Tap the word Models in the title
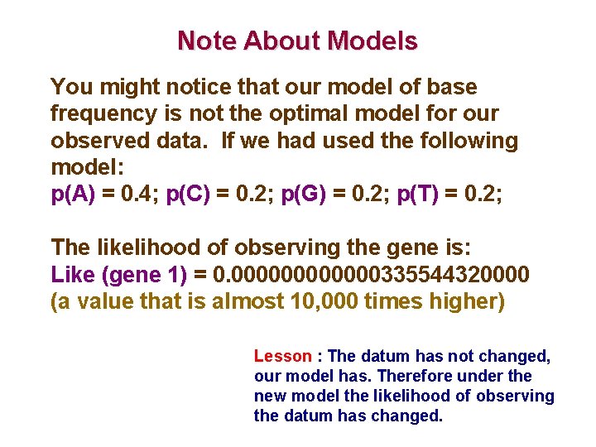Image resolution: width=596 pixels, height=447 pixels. click(x=373, y=41)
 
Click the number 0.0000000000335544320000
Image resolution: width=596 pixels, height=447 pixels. click(x=372, y=273)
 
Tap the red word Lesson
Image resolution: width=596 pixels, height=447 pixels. click(x=282, y=356)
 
